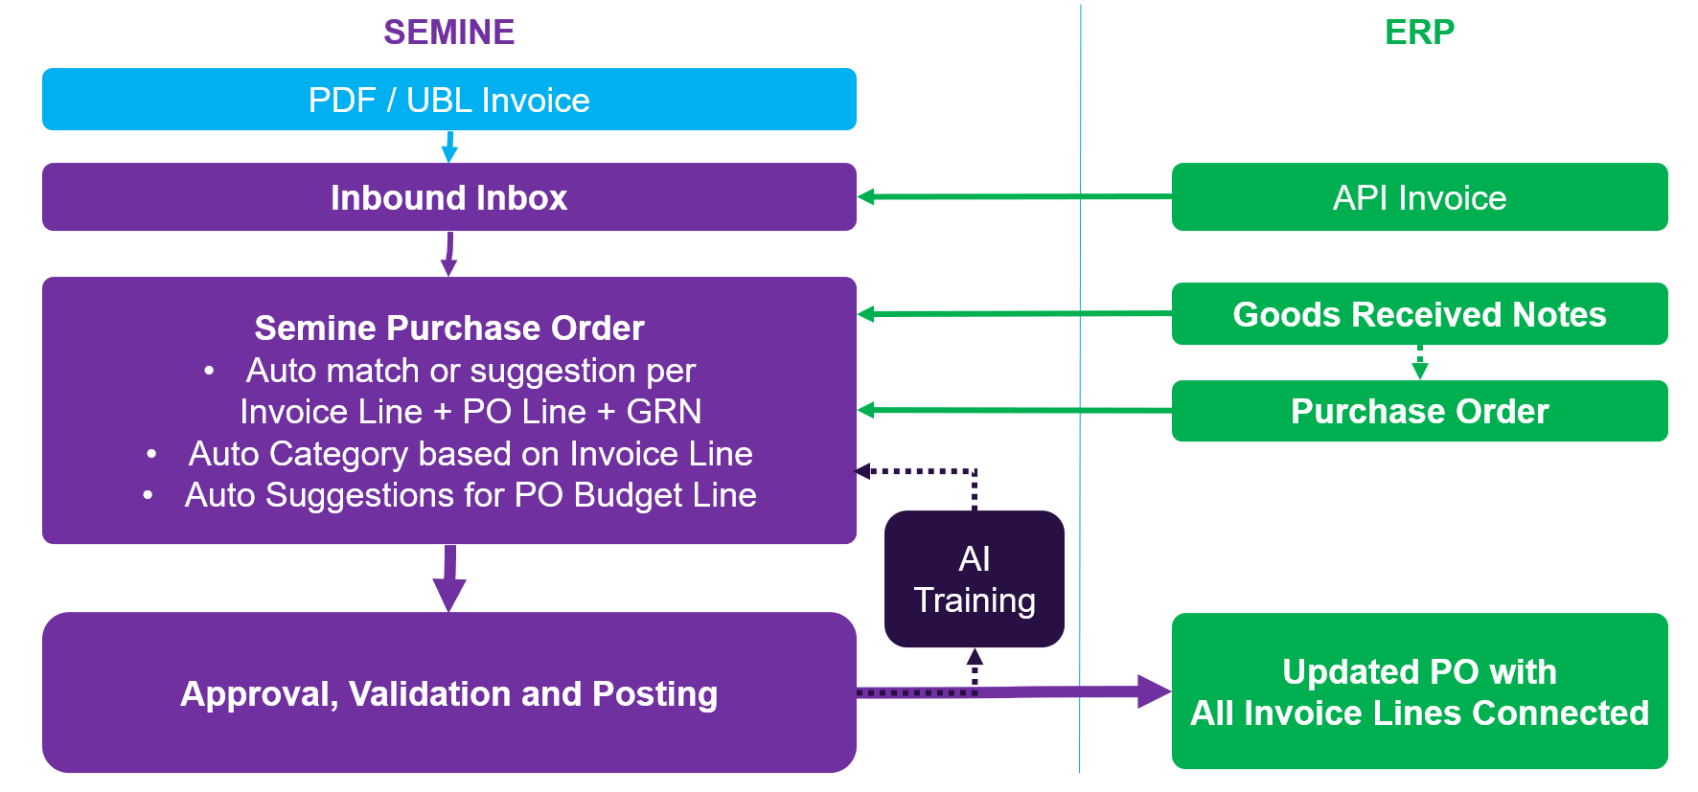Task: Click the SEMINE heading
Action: [x=448, y=33]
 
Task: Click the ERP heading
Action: [x=1419, y=33]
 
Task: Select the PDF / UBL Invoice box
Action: [x=448, y=100]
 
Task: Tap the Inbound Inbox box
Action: [x=448, y=197]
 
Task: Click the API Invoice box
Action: [x=1419, y=197]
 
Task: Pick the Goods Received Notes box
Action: [x=1419, y=314]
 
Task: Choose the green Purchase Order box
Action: [x=1419, y=411]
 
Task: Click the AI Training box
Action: [x=974, y=579]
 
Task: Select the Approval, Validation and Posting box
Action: [x=448, y=693]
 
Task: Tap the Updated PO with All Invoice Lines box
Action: [x=1419, y=691]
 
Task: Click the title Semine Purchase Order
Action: [x=448, y=328]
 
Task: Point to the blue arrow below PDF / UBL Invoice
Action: [x=448, y=147]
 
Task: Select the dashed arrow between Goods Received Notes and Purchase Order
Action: [x=1419, y=363]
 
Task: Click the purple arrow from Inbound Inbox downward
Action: [x=448, y=254]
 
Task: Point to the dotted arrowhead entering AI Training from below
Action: [x=975, y=658]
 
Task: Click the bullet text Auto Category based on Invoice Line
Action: [x=470, y=454]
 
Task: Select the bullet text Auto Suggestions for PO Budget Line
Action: [x=470, y=495]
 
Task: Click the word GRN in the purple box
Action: [x=663, y=412]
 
